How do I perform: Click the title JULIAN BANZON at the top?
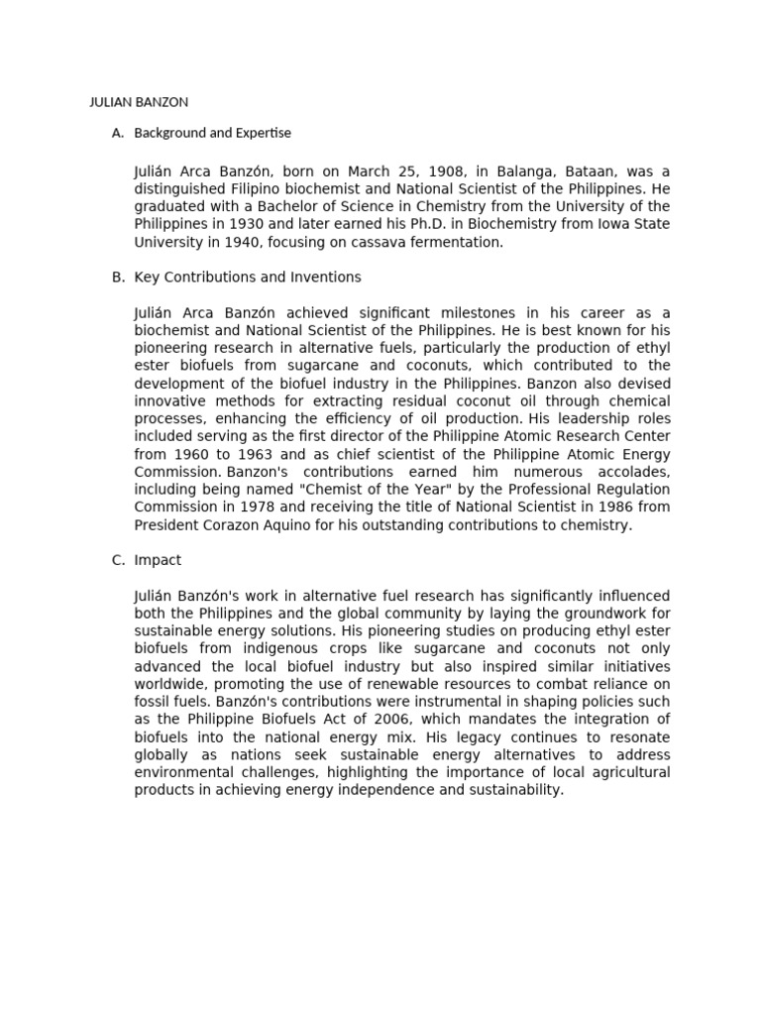(x=139, y=102)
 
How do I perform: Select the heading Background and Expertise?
(x=212, y=133)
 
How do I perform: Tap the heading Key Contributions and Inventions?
(x=247, y=278)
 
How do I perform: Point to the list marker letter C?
(x=118, y=560)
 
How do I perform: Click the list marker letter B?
(x=118, y=278)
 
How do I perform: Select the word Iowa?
(x=585, y=224)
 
